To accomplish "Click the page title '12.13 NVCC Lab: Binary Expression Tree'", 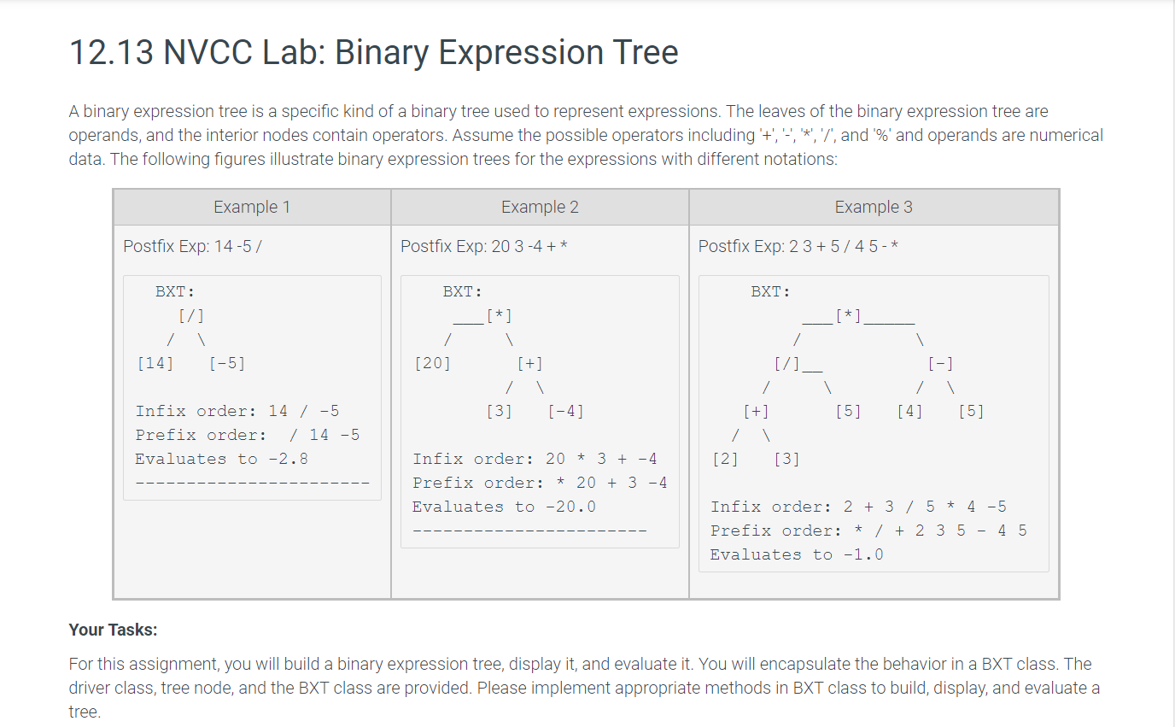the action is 373,52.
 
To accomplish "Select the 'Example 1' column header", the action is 252,207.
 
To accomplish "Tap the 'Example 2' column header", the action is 540,207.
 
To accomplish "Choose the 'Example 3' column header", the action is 874,207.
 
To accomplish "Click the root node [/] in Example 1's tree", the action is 191,316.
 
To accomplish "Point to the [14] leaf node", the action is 155,363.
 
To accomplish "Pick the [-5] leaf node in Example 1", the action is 227,363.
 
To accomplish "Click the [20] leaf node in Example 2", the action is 432,363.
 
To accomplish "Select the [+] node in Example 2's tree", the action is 529,363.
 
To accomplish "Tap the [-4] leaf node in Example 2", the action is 565,411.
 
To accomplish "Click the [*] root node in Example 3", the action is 848,316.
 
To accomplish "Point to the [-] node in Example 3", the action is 940,363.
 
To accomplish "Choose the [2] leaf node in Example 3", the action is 725,460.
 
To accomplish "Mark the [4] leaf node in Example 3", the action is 909,411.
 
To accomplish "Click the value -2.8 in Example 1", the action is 288,460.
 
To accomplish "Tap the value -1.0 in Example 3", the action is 863,554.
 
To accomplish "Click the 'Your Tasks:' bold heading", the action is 113,630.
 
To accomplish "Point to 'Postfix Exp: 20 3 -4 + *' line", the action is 483,246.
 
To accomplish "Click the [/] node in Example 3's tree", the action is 786,363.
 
